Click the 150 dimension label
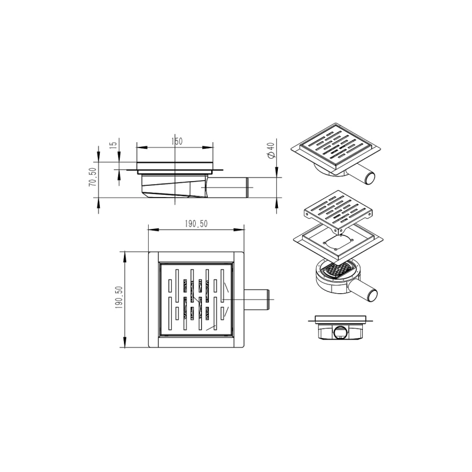point(176,141)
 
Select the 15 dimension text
point(113,145)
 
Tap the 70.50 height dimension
point(93,177)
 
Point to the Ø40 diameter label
point(271,150)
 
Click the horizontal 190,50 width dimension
point(196,224)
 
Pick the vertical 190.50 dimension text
point(119,298)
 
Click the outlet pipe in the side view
point(228,188)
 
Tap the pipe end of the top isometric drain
point(370,178)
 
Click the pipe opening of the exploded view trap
point(372,294)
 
